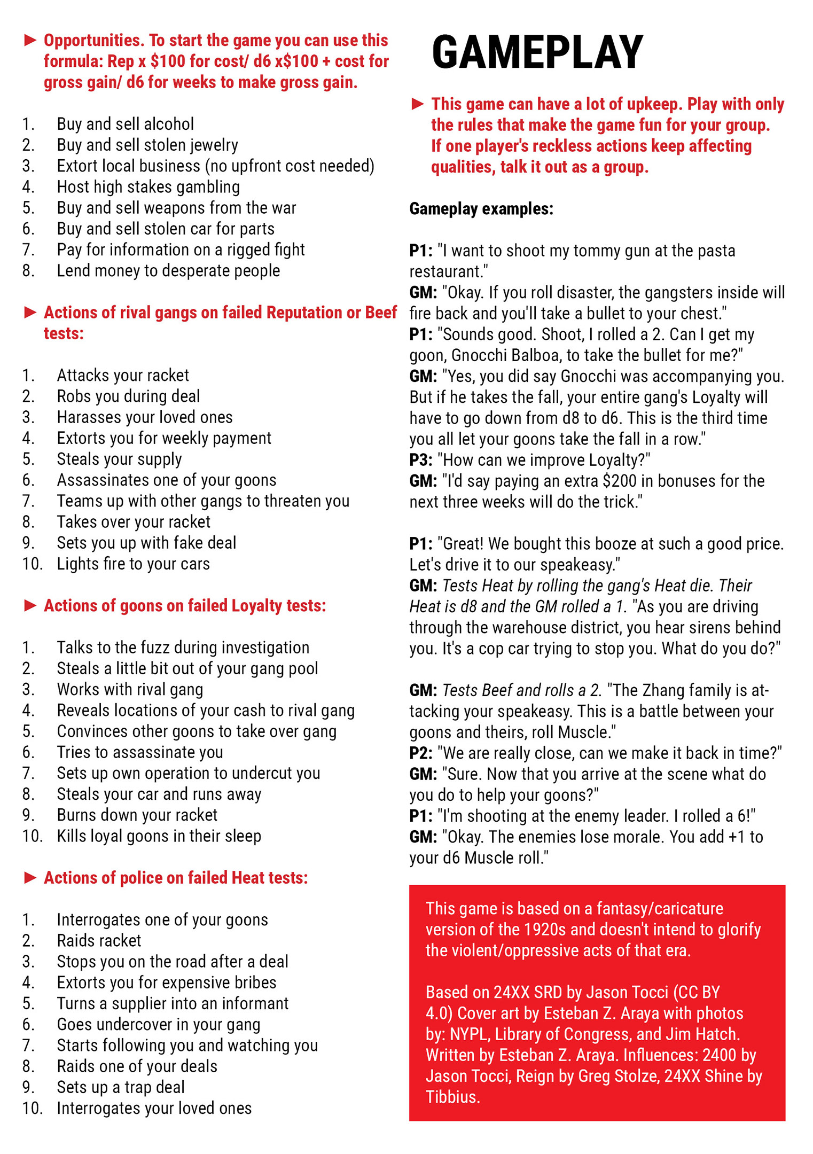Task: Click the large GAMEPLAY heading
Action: [537, 52]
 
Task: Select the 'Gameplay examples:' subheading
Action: [481, 208]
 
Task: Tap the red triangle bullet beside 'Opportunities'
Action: [30, 40]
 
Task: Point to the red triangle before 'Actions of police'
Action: [30, 877]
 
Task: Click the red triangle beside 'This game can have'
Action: [418, 104]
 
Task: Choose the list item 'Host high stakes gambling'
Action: [148, 186]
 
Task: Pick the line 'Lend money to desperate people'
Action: [168, 270]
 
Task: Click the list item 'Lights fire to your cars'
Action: [133, 564]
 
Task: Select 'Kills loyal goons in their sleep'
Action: [159, 836]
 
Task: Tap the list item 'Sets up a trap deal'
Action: [121, 1087]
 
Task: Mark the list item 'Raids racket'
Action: [99, 940]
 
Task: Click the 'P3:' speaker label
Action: [421, 460]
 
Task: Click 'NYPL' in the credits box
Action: [469, 1034]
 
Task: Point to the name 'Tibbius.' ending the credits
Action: [452, 1097]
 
